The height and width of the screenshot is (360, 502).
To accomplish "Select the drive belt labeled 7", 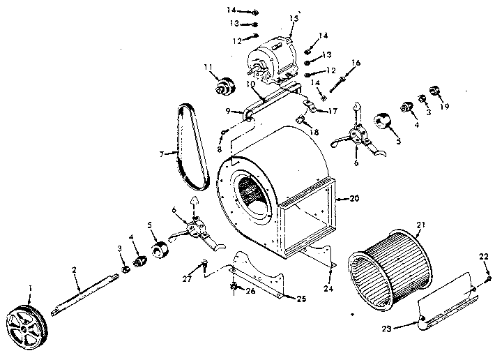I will coord(189,148).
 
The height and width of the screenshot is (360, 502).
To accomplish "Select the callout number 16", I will coord(356,63).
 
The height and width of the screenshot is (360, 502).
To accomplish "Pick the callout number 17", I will coord(333,110).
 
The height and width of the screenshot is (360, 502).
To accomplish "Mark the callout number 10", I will coord(250,83).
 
